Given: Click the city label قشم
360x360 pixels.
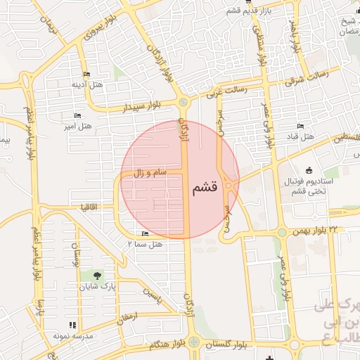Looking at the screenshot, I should coord(205,188).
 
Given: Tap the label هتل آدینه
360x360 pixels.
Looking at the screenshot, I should coord(87,84).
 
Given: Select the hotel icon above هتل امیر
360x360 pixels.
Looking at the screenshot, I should coord(77,115).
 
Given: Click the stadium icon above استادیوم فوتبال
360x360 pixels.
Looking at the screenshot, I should coord(309,170).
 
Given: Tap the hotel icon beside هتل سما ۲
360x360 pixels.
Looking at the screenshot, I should coord(146,233).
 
